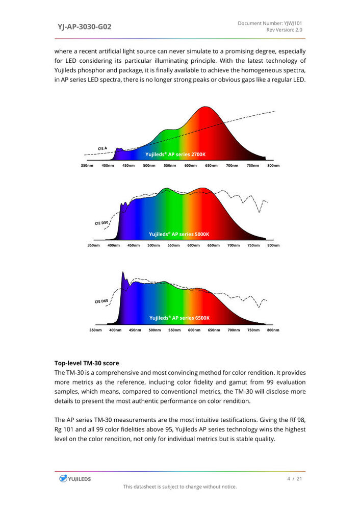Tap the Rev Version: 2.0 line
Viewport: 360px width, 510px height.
click(284, 30)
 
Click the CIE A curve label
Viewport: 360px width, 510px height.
click(102, 148)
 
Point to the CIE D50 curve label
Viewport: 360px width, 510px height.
click(101, 223)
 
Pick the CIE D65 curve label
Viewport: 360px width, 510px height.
click(101, 301)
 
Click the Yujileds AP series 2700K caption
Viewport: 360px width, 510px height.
click(175, 155)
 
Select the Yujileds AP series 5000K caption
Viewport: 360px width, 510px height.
click(179, 234)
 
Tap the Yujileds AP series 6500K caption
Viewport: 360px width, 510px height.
click(179, 318)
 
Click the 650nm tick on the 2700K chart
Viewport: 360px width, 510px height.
click(211, 165)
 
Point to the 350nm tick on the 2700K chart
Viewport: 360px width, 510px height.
click(87, 165)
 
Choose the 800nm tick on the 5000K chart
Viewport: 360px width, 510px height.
click(273, 245)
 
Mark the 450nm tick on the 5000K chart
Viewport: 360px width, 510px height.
click(134, 245)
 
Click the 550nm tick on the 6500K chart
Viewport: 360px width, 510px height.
click(174, 330)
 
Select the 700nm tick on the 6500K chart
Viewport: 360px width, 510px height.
click(234, 330)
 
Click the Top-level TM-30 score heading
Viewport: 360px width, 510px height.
click(87, 363)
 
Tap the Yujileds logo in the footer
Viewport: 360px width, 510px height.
click(74, 478)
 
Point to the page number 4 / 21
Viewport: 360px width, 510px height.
click(295, 478)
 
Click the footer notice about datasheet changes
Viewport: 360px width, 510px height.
click(179, 487)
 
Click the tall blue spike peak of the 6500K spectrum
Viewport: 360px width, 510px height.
click(123, 273)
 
